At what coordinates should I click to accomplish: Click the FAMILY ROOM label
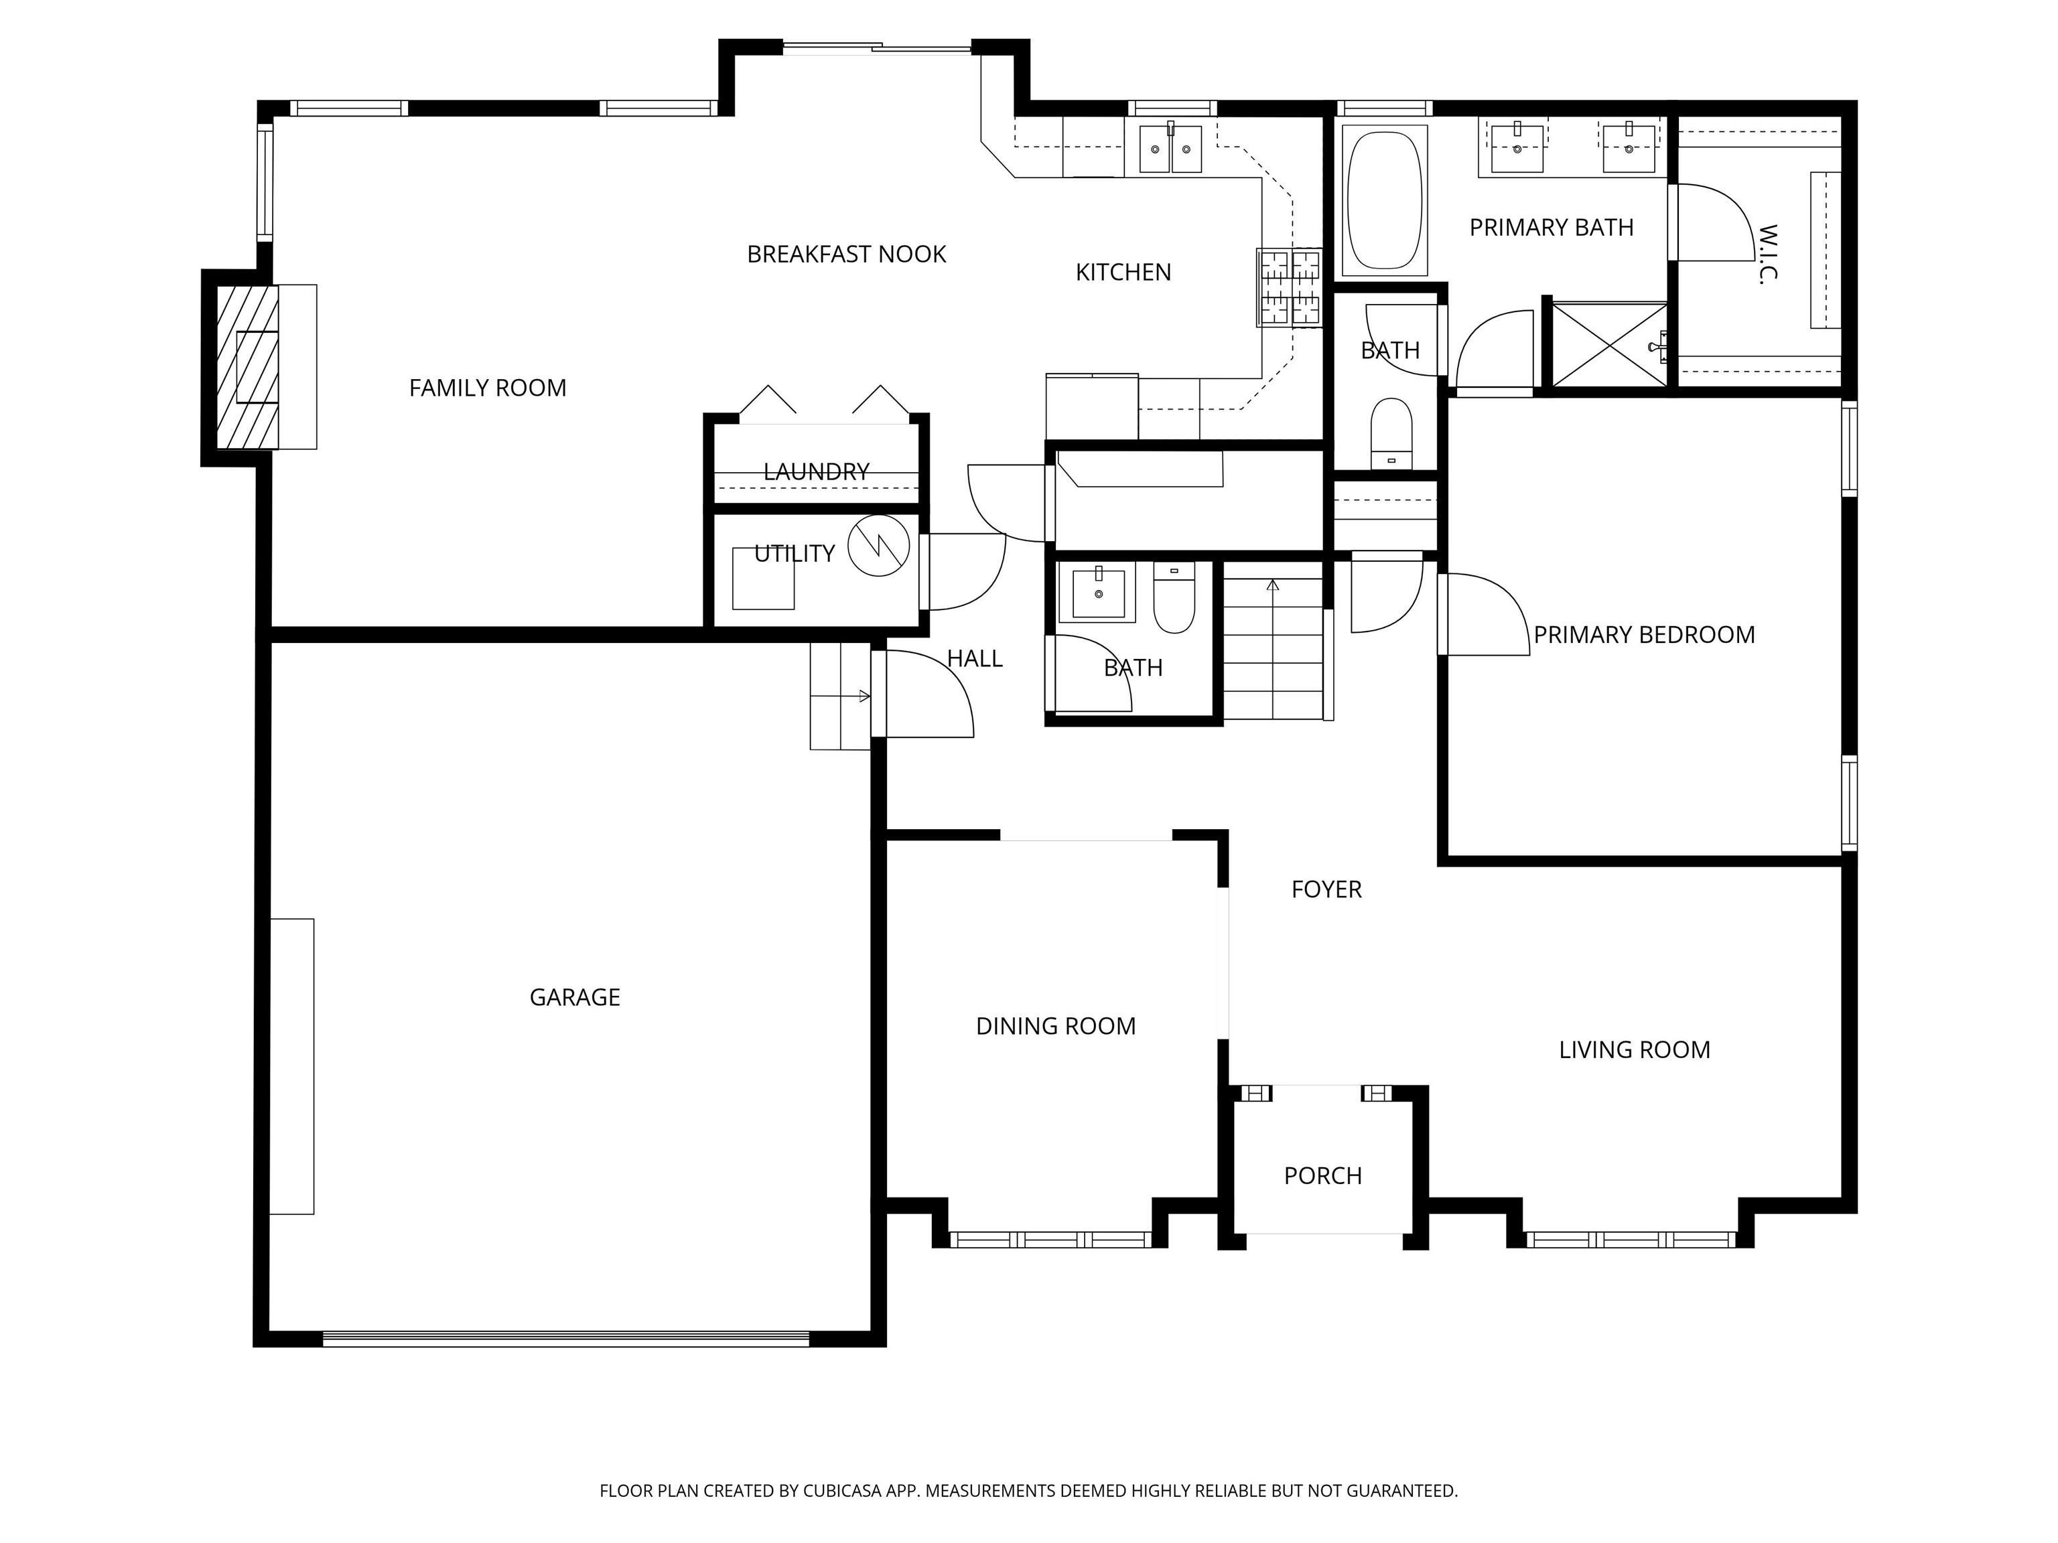(x=488, y=388)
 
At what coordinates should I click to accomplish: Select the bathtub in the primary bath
(x=1385, y=200)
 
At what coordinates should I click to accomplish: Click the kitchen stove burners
(x=1290, y=287)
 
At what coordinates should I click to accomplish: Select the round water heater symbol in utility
(x=878, y=545)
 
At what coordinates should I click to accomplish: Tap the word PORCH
(x=1322, y=1175)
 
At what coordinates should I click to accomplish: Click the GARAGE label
(x=574, y=997)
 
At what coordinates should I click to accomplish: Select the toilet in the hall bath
(x=1174, y=601)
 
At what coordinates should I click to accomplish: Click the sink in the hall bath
(x=1098, y=593)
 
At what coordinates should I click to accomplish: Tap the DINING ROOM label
(x=1055, y=1026)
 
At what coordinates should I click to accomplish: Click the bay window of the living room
(x=1630, y=1239)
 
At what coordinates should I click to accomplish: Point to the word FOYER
(x=1326, y=889)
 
